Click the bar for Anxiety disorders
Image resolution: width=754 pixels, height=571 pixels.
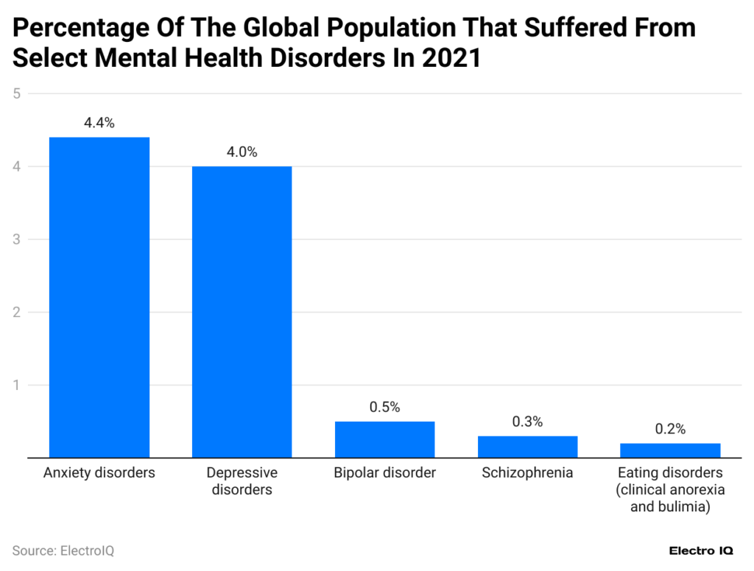coord(99,297)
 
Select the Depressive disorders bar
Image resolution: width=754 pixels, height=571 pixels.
coord(242,312)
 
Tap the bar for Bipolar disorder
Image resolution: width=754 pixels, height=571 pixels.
coord(384,439)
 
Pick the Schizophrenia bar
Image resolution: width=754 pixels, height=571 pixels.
coord(527,447)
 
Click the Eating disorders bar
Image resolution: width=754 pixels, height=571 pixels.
coord(670,450)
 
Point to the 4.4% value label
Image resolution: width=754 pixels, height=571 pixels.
coord(99,124)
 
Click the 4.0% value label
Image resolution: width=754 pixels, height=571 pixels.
coord(242,152)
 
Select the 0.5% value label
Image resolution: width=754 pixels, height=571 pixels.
coord(384,408)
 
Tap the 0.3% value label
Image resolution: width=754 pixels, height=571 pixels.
coord(527,422)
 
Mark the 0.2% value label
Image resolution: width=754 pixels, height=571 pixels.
coord(670,430)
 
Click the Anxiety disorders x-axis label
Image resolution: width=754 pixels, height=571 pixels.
coord(99,473)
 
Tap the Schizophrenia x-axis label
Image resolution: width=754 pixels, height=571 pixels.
coord(527,473)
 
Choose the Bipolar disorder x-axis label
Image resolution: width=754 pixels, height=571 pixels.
coord(384,473)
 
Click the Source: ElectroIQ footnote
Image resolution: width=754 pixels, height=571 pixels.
coord(63,550)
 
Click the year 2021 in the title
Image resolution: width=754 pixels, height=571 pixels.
coord(451,58)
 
